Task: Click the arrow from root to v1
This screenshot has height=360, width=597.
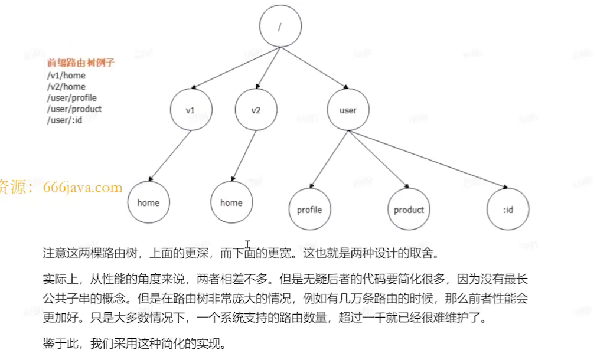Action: [x=236, y=68]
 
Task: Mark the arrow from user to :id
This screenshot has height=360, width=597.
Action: [x=428, y=159]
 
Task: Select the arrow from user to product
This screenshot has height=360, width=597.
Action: [x=379, y=159]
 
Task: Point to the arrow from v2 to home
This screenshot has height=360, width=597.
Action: [x=244, y=156]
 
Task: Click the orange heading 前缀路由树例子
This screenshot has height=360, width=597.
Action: [x=81, y=63]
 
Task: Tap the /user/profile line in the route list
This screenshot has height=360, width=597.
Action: [x=72, y=98]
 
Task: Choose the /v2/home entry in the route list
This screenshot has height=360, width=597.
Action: [x=66, y=87]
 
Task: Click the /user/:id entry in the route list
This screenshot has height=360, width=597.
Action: [x=64, y=120]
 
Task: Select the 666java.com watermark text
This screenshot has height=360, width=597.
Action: [x=83, y=187]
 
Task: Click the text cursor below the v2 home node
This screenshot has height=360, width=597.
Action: [x=247, y=244]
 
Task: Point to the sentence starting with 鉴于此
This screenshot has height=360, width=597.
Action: [x=135, y=343]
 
